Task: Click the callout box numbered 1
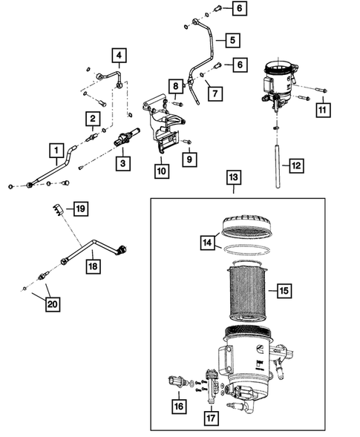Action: click(56, 152)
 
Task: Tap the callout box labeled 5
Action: click(232, 39)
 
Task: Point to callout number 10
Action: click(162, 171)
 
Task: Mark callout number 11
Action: click(321, 110)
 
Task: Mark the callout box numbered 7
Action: click(215, 94)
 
